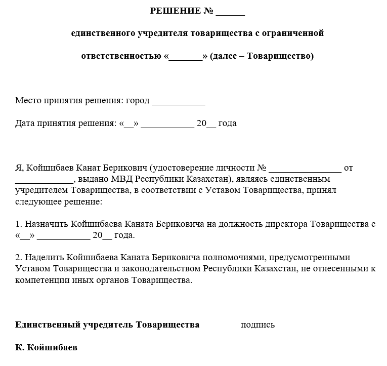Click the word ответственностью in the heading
click(x=121, y=56)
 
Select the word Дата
click(x=25, y=123)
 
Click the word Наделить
click(x=44, y=257)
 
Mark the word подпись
click(x=257, y=325)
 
